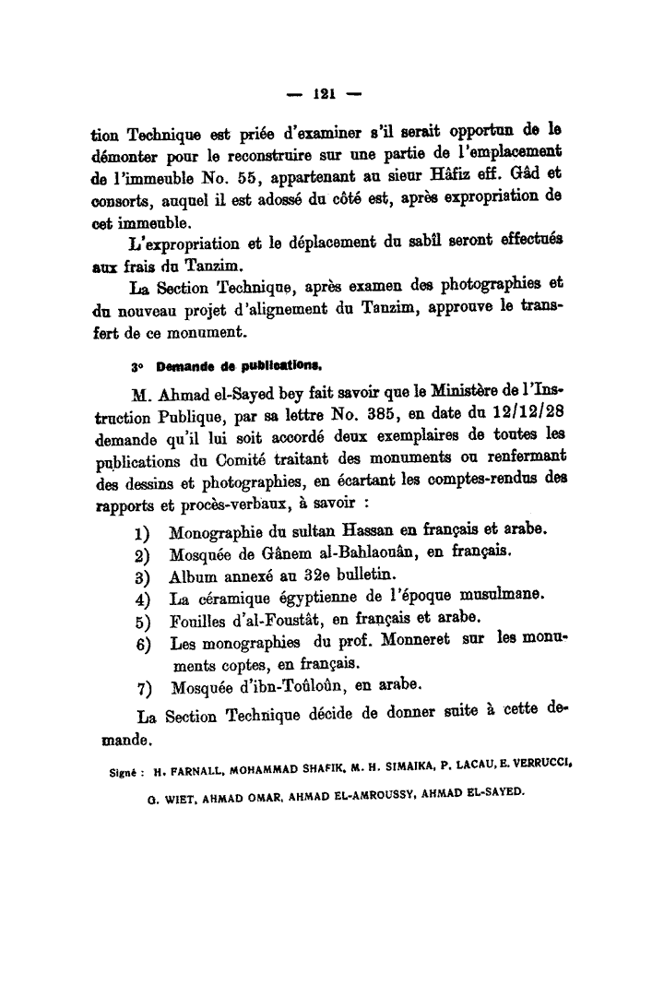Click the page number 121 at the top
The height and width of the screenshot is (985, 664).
tap(323, 92)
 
